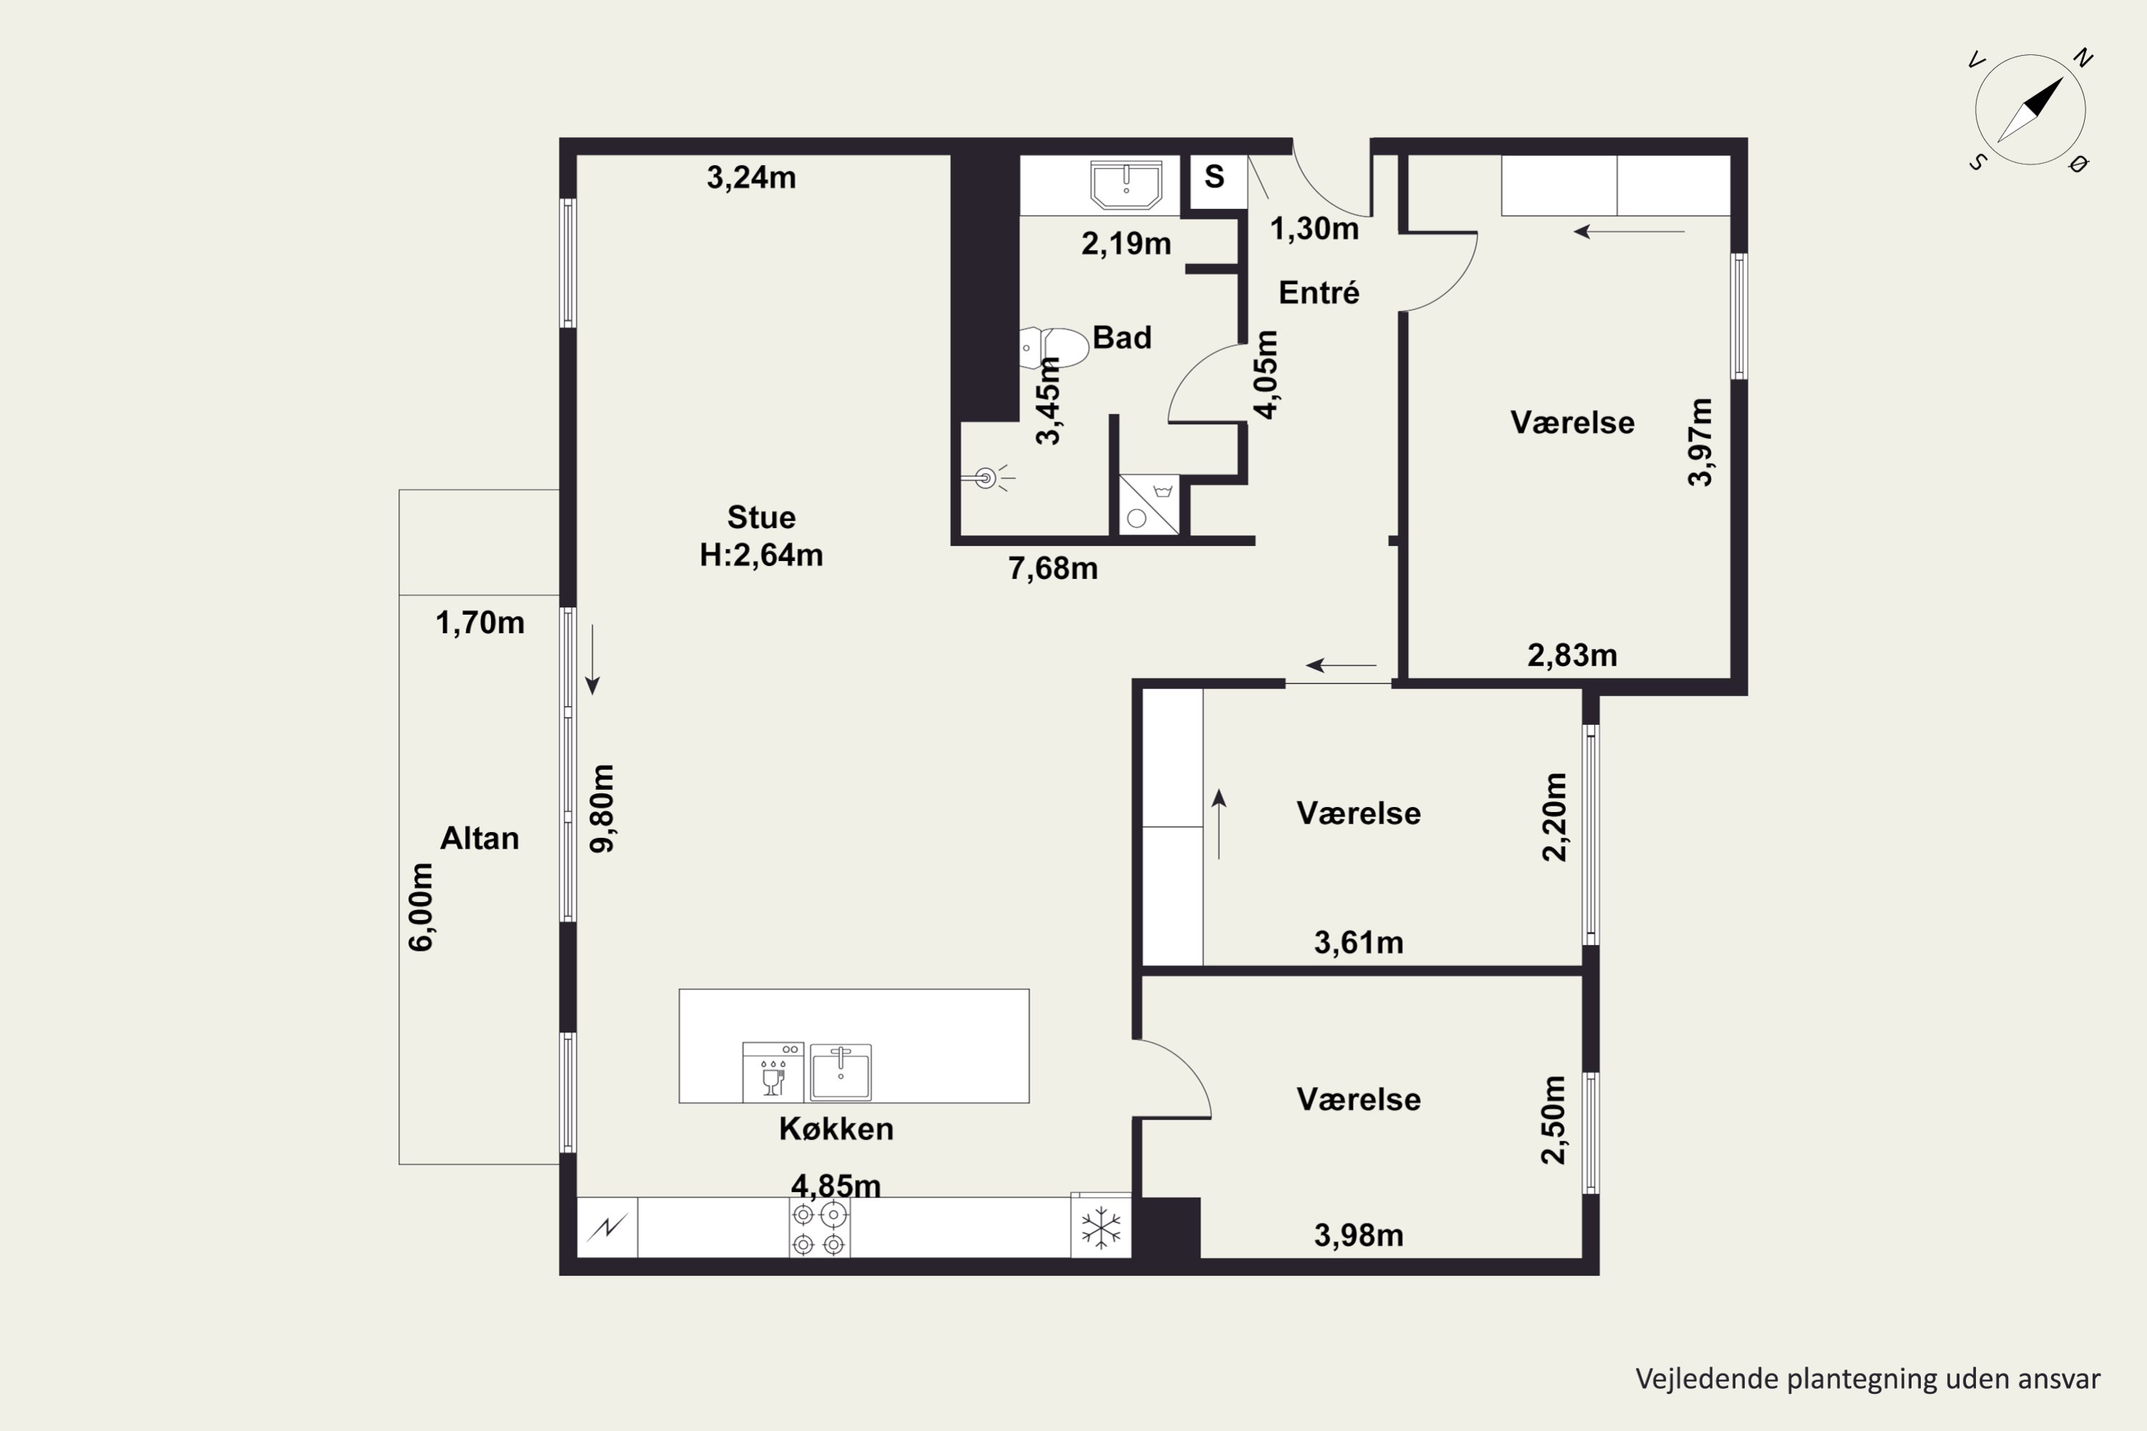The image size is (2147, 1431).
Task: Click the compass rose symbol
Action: coord(2030,109)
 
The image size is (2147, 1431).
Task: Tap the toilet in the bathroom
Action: coord(1054,348)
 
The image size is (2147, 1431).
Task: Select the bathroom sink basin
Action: coord(1126,185)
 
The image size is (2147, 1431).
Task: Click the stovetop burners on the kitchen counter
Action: coord(819,1229)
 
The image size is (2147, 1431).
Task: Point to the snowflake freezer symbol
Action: coord(1101,1228)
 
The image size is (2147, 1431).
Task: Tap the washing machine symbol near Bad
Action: coord(1149,504)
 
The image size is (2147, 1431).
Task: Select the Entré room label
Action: coord(1319,293)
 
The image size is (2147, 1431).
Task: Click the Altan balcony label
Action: coord(479,838)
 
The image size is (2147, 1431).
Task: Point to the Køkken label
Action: coord(836,1129)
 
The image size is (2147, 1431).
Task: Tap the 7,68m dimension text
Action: coord(1053,569)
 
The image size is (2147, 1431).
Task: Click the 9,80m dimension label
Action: coord(603,808)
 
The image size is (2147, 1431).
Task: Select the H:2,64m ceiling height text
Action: coord(761,555)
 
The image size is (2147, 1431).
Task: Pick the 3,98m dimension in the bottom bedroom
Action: coord(1358,1236)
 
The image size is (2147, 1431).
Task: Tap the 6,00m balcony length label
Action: coord(421,907)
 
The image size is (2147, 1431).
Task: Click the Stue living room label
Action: coord(761,517)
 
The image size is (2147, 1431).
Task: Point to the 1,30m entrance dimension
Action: coord(1315,229)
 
